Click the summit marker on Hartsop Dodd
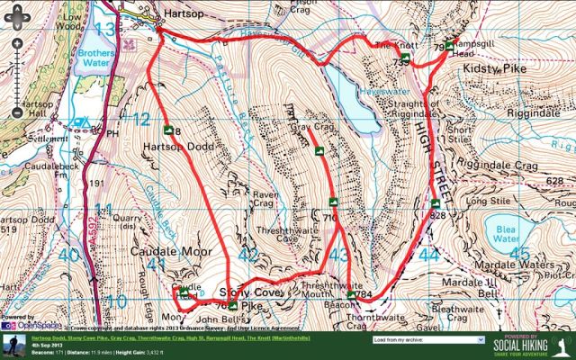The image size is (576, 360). [167, 130]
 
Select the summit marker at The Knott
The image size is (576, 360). [405, 58]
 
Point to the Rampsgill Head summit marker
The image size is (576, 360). [449, 45]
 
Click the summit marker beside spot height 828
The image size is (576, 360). [435, 202]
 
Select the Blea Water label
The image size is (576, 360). [507, 233]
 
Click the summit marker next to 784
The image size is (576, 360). [351, 293]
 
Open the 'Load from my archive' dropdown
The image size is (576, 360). [427, 340]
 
